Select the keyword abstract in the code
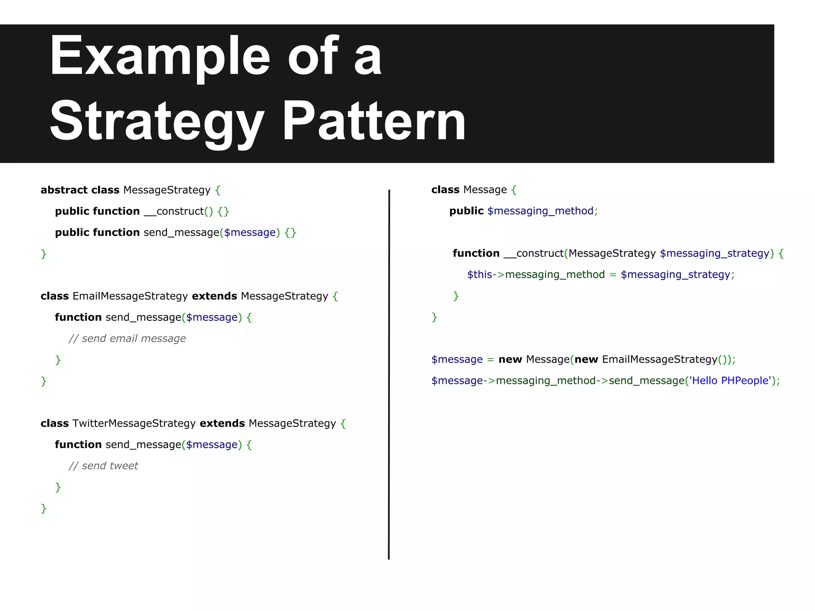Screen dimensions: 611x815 pyautogui.click(x=64, y=190)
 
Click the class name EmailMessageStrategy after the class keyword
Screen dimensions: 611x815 pyautogui.click(x=130, y=296)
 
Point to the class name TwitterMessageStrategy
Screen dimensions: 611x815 pyautogui.click(x=134, y=424)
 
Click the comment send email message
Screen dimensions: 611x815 pyautogui.click(x=127, y=339)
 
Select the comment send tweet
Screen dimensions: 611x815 pyautogui.click(x=103, y=466)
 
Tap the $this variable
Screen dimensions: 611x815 pyautogui.click(x=480, y=275)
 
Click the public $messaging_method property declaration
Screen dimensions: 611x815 pyautogui.click(x=523, y=211)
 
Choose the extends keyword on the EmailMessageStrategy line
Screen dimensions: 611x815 pyautogui.click(x=214, y=296)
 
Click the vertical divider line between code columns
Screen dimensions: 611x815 pyautogui.click(x=389, y=374)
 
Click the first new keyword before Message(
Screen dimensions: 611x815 pyautogui.click(x=510, y=360)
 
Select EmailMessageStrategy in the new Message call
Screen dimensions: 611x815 pyautogui.click(x=659, y=360)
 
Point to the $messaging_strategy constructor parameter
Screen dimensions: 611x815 pyautogui.click(x=714, y=253)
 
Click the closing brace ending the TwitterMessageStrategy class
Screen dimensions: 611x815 pyautogui.click(x=44, y=508)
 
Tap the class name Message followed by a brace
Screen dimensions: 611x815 pyautogui.click(x=485, y=190)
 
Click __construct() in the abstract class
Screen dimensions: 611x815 pyautogui.click(x=179, y=211)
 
